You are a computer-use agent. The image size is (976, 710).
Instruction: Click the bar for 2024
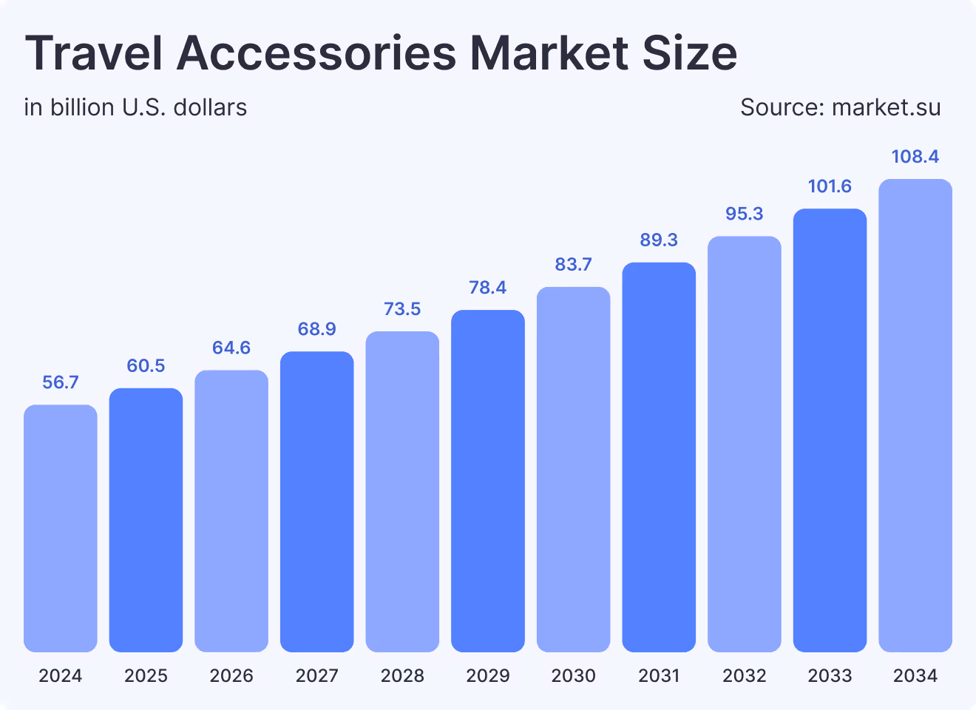(61, 528)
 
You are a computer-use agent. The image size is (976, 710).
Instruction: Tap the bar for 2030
(574, 469)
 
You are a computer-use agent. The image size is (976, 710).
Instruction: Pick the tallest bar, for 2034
(915, 415)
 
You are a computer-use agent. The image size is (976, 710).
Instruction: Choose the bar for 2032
(745, 444)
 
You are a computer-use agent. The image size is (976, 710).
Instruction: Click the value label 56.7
(61, 382)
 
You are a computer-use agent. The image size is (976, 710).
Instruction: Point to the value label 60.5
(146, 366)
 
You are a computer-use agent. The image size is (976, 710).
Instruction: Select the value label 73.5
(402, 309)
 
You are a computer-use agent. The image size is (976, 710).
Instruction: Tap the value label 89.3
(659, 240)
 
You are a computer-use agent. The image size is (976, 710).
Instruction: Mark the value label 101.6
(830, 186)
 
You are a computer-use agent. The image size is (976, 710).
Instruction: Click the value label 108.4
(915, 157)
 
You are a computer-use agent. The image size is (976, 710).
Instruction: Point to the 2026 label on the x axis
(231, 675)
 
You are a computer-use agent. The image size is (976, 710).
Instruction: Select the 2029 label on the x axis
(488, 675)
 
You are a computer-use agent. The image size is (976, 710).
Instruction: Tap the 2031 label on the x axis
(659, 675)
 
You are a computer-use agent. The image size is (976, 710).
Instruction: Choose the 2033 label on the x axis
(830, 675)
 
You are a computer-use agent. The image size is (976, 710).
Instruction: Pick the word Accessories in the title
(316, 53)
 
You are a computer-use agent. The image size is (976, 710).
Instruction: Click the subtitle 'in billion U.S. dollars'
(135, 108)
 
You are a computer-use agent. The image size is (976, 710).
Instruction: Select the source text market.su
(886, 108)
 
